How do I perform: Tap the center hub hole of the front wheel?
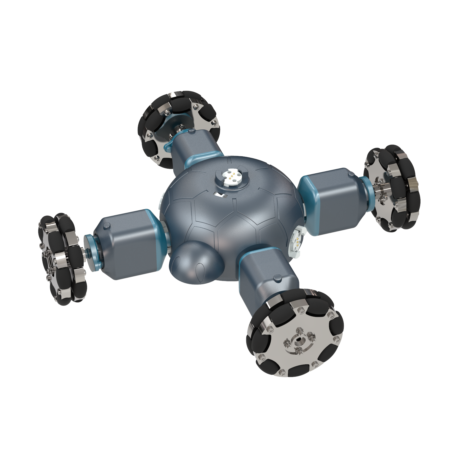coord(299,341)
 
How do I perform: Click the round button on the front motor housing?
coord(278,279)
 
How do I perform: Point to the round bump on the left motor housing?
coord(106,226)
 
